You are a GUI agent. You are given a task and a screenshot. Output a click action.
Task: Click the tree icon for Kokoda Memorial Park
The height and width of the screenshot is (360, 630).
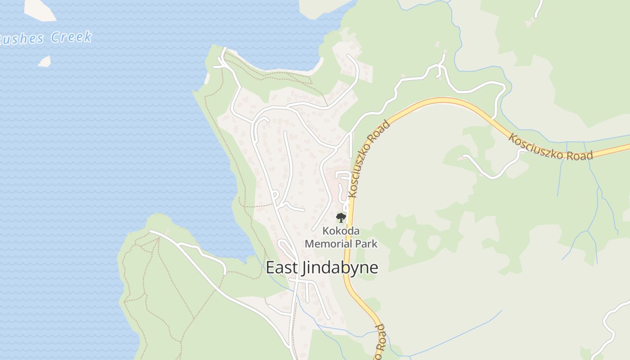pos(341,218)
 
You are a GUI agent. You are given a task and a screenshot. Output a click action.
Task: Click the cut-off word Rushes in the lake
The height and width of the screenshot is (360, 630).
pos(22,39)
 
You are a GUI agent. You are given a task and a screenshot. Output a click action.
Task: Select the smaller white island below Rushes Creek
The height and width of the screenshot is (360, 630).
pos(45,61)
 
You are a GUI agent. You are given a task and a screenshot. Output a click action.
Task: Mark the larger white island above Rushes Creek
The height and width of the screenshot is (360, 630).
pos(40,9)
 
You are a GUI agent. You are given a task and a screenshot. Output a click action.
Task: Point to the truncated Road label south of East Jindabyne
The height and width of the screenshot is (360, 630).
pos(380,342)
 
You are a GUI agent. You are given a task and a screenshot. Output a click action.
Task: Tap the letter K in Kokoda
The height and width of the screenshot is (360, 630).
pos(325,231)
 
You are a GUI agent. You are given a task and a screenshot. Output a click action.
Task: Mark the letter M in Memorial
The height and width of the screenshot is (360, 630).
pos(310,244)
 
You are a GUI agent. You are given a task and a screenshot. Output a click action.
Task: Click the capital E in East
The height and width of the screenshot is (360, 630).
pos(270,268)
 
